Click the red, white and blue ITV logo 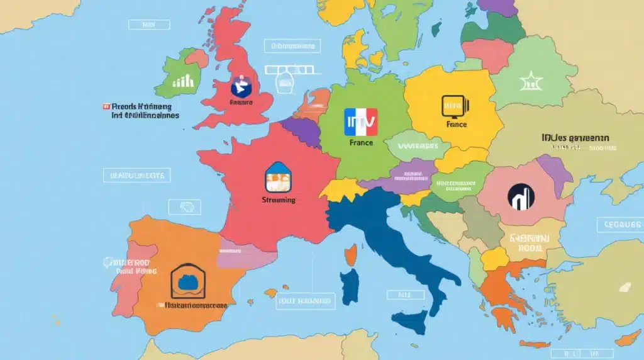pyautogui.click(x=361, y=122)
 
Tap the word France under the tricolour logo pyautogui.click(x=361, y=143)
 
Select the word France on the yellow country pyautogui.click(x=456, y=124)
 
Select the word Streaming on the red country pyautogui.click(x=277, y=200)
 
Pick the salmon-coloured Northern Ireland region pyautogui.click(x=196, y=59)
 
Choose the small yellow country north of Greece pyautogui.click(x=495, y=259)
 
